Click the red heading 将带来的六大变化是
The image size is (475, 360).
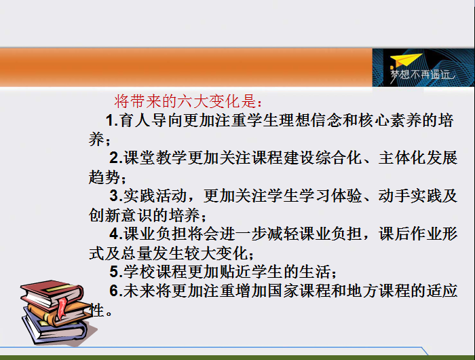[188, 101]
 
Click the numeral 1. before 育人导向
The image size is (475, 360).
[112, 121]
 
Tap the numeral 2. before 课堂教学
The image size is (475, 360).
[116, 158]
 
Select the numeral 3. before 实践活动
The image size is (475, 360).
[116, 196]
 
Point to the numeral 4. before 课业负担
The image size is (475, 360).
[116, 234]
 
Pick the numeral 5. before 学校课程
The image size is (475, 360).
[116, 272]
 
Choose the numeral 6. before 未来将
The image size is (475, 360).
[116, 291]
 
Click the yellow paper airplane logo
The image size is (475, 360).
[406, 60]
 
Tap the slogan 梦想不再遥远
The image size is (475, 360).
[423, 75]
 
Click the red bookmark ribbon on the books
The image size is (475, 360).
[62, 308]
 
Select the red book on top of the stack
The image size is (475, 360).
[52, 293]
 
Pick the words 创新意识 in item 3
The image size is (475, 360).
[121, 215]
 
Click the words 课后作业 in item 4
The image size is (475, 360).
[410, 234]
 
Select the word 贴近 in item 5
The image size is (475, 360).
[235, 272]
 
